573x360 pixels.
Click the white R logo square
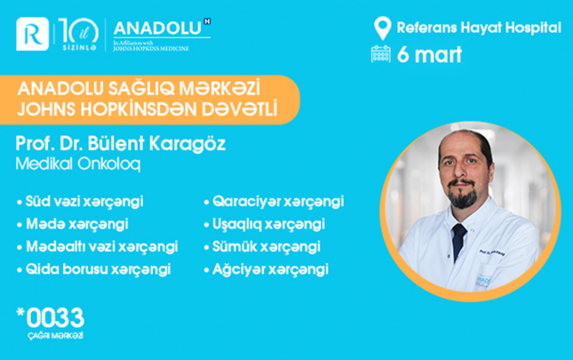35,35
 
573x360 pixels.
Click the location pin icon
383,28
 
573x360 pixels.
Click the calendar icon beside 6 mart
382,53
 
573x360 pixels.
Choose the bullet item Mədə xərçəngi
74,223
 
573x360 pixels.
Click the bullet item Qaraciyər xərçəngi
276,202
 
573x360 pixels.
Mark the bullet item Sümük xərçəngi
266,245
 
